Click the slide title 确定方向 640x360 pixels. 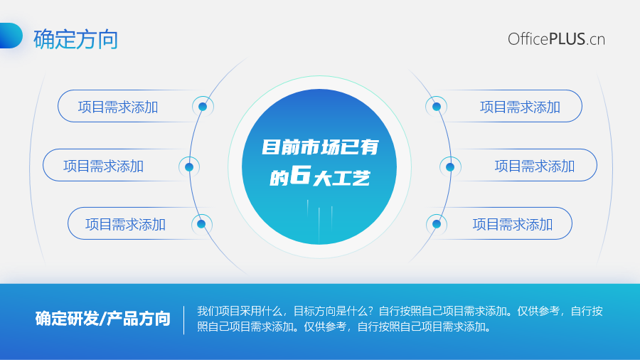[76, 39]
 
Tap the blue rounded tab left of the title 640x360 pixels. [11, 36]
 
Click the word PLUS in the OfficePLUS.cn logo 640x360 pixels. [567, 39]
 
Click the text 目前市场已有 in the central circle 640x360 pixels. [321, 147]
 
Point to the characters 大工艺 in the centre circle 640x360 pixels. [341, 179]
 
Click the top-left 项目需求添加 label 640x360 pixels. [118, 107]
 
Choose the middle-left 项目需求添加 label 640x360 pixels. [103, 166]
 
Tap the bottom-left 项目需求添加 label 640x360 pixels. [125, 225]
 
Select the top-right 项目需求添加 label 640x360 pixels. [520, 107]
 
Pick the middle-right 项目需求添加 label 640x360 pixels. [535, 166]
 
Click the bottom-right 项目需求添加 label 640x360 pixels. [513, 225]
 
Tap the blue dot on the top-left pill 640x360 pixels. [203, 107]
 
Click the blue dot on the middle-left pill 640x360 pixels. [189, 166]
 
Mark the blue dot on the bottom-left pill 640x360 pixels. [201, 223]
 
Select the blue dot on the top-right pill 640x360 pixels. [437, 107]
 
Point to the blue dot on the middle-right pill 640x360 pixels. [450, 166]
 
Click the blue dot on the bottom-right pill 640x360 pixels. [437, 223]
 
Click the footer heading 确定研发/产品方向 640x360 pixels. [103, 319]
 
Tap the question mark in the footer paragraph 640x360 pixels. [370, 311]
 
